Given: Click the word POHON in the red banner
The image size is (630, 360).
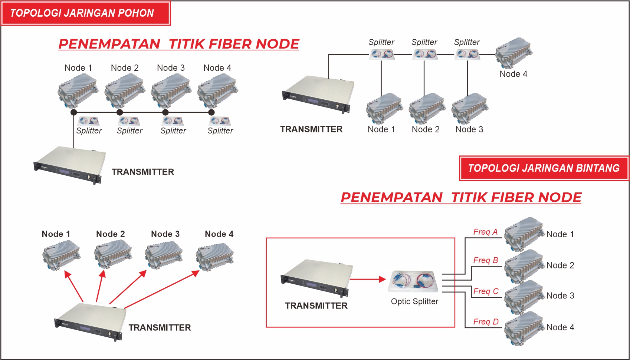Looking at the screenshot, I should (x=136, y=13).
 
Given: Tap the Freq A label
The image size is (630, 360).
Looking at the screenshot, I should (x=485, y=232).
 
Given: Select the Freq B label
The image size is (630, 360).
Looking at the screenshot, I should (x=485, y=260).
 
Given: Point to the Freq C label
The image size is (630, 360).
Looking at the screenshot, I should (x=486, y=291).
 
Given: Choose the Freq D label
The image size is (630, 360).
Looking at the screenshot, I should (x=486, y=322).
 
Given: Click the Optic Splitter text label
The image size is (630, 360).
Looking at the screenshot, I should (x=414, y=301).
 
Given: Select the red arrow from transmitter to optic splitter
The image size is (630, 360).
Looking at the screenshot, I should (x=368, y=279).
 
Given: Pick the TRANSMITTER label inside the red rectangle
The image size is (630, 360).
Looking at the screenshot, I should (x=316, y=306).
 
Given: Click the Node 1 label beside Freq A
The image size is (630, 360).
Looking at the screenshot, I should (x=560, y=234).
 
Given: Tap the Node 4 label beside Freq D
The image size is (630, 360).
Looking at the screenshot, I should (x=560, y=327).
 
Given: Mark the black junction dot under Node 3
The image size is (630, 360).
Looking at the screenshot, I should (x=165, y=112).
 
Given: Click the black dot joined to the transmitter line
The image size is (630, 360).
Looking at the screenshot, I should (x=74, y=112).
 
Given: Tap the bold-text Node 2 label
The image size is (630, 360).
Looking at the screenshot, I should (x=110, y=234).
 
